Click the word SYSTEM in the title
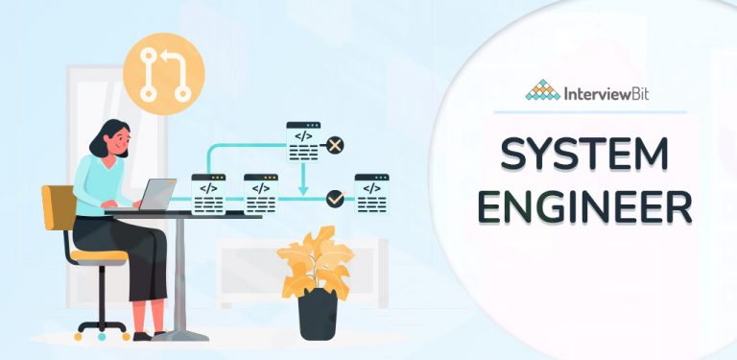click(x=584, y=154)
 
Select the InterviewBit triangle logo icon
click(x=544, y=92)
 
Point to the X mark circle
click(x=335, y=146)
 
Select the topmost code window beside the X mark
click(x=302, y=141)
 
